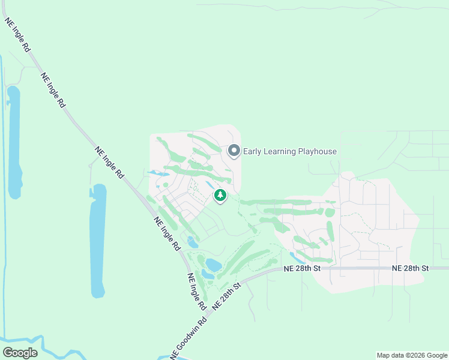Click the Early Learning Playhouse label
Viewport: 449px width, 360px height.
289,151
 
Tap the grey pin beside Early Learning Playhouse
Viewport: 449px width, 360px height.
234,151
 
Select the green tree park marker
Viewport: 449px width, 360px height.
220,195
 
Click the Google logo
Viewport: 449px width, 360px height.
20,352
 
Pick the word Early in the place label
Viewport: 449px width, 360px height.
252,151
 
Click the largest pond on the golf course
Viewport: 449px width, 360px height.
214,264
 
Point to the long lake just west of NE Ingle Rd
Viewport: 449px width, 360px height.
98,240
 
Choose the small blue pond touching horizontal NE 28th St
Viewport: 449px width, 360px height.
295,257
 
